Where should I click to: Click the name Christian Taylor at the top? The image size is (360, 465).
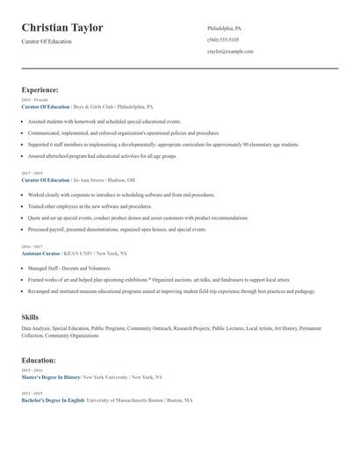(x=62, y=28)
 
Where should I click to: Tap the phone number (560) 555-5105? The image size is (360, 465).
(x=224, y=40)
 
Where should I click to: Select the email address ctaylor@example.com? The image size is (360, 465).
(x=230, y=52)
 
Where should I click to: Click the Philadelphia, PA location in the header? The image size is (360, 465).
(x=224, y=29)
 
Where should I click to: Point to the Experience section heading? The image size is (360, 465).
(x=40, y=89)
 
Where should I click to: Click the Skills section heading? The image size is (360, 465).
(x=30, y=317)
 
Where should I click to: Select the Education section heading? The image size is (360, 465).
(x=39, y=360)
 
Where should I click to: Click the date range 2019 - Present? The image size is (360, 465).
(x=33, y=100)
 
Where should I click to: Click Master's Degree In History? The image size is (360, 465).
(x=51, y=376)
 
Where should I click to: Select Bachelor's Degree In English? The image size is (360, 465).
(x=53, y=400)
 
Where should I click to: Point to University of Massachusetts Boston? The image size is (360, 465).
(x=131, y=400)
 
